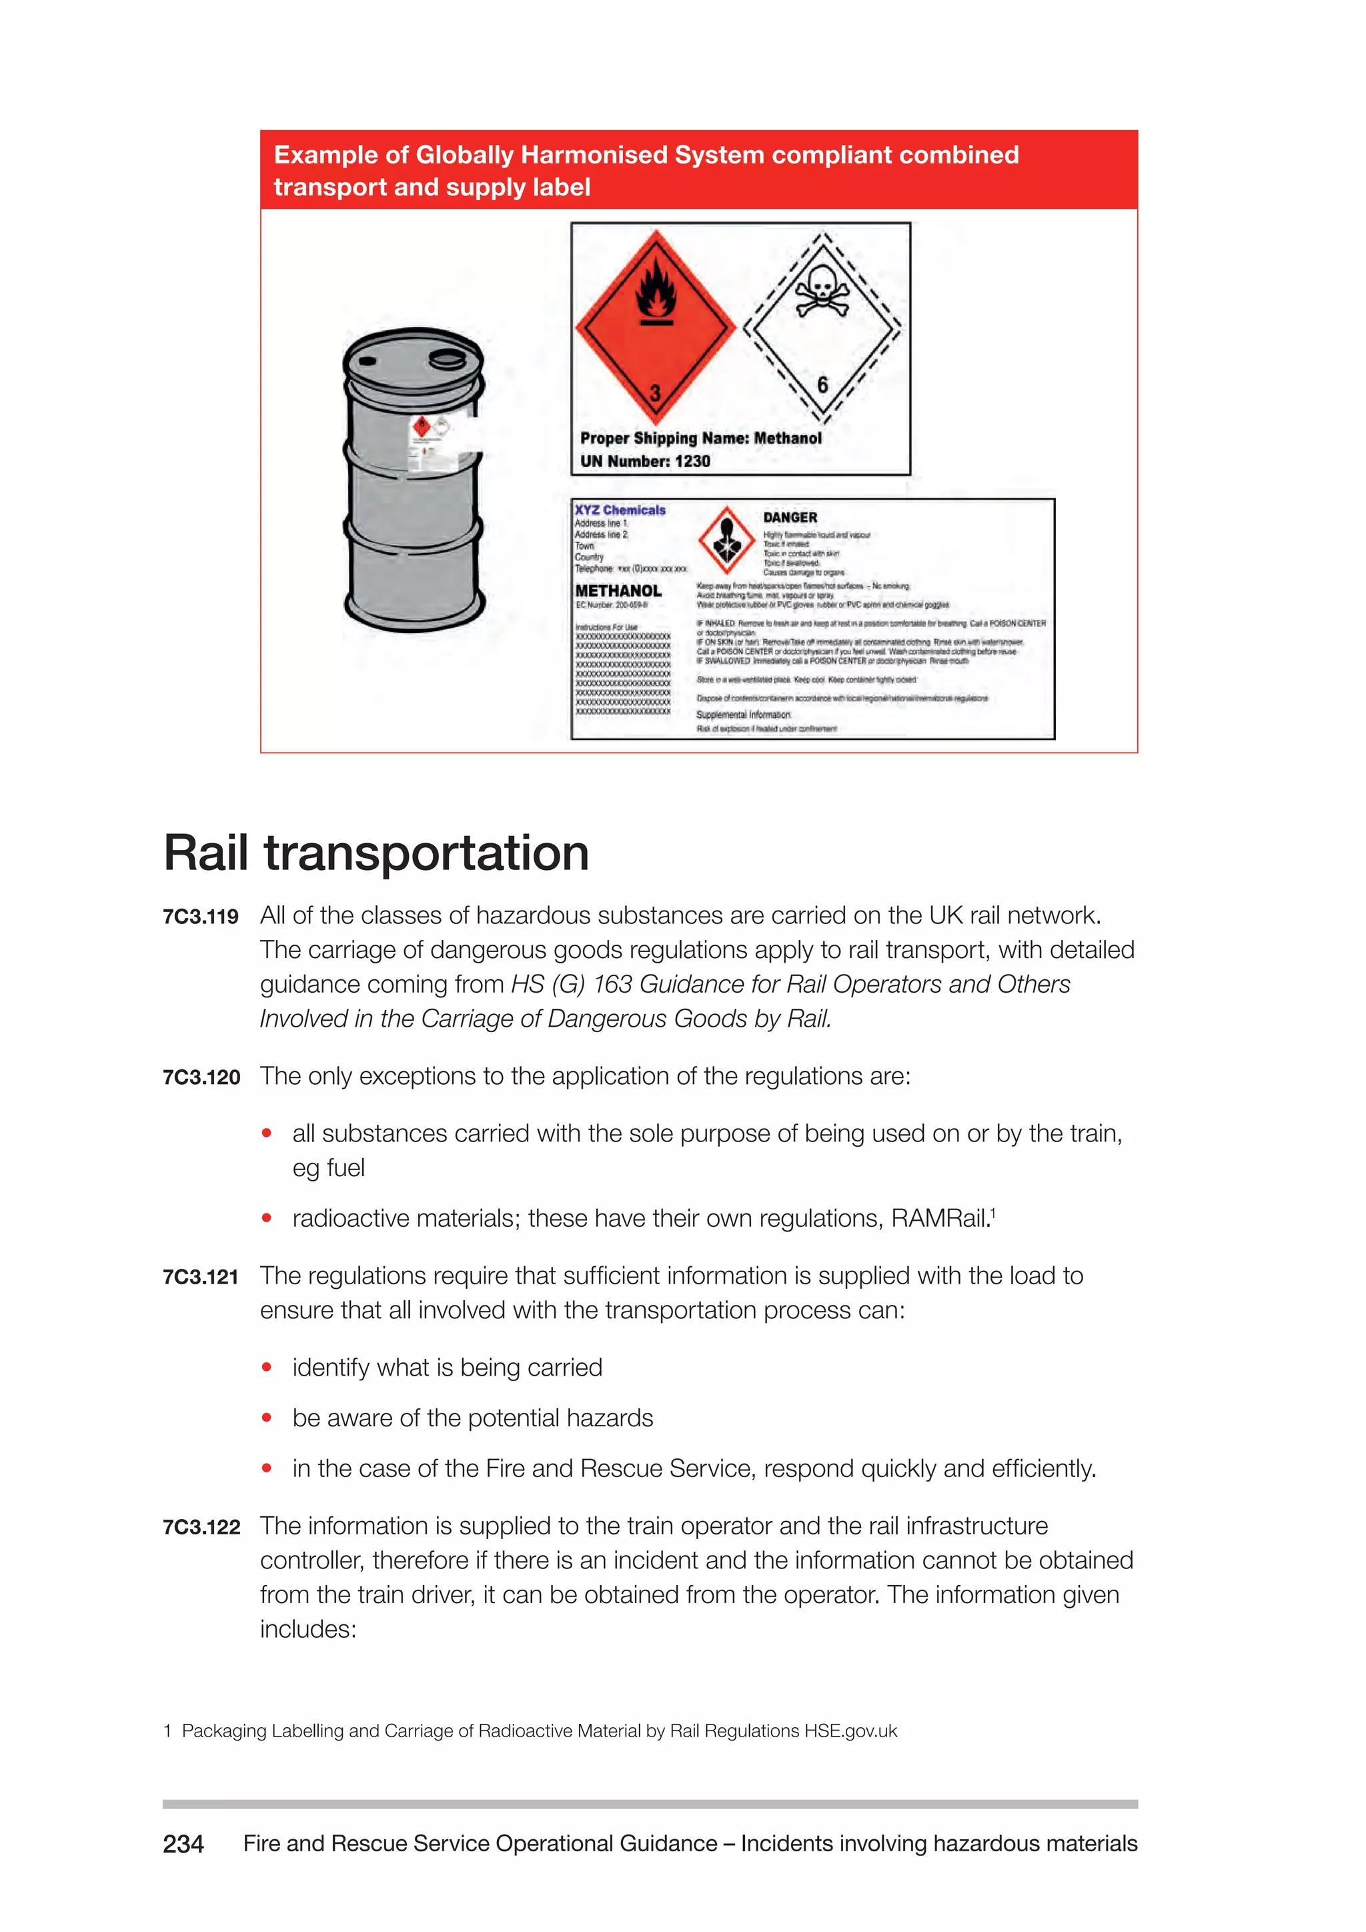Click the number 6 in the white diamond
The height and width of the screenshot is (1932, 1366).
pyautogui.click(x=822, y=384)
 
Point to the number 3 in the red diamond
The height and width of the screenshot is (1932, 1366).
pyautogui.click(x=655, y=393)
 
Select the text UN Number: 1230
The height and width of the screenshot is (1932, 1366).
pyautogui.click(x=645, y=461)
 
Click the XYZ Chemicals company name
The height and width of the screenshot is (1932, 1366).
pyautogui.click(x=620, y=510)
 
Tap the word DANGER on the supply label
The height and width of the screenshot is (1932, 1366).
pyautogui.click(x=790, y=518)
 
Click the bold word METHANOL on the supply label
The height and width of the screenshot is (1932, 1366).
pyautogui.click(x=618, y=590)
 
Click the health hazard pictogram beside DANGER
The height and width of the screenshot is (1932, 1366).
pyautogui.click(x=727, y=540)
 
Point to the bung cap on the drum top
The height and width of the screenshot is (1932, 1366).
pyautogui.click(x=447, y=360)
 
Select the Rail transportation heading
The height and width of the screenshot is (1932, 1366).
pyautogui.click(x=376, y=853)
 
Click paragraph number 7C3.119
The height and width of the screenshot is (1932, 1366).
pyautogui.click(x=201, y=917)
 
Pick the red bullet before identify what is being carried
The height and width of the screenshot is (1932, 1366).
pyautogui.click(x=267, y=1368)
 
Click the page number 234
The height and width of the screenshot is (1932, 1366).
pyautogui.click(x=183, y=1844)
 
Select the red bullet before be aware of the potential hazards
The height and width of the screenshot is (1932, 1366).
pyautogui.click(x=267, y=1418)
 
